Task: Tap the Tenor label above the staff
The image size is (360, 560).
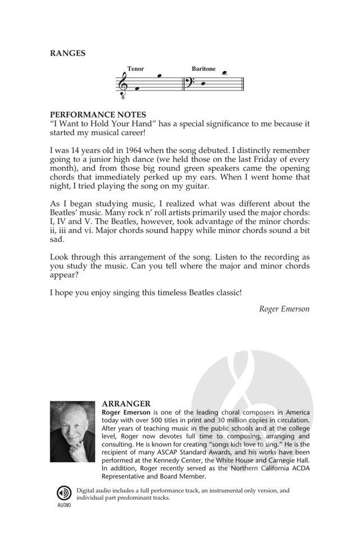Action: coord(136,69)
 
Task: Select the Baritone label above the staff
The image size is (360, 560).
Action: coord(203,69)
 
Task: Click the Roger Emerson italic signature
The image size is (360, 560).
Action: coord(284,308)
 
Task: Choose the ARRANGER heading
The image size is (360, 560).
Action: coord(126,403)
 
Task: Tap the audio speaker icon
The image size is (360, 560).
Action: coord(64,493)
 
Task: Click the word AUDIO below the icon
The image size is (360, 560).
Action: coord(64,505)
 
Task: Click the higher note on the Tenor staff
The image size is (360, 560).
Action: coord(159,75)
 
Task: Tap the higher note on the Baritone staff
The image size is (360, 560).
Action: coord(225,72)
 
